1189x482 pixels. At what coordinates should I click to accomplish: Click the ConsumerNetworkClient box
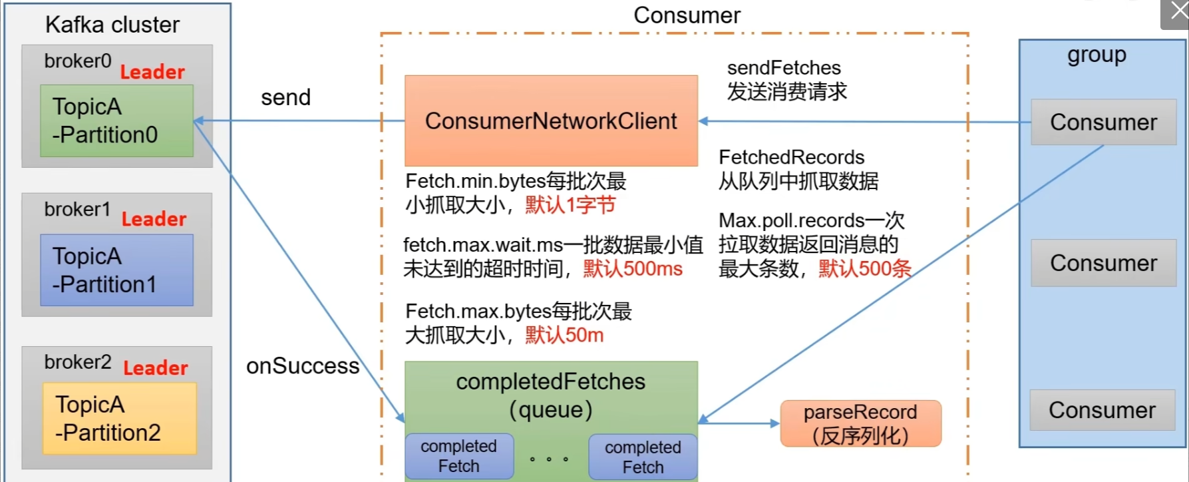click(x=551, y=120)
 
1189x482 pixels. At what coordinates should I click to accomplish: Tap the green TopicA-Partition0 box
click(x=116, y=120)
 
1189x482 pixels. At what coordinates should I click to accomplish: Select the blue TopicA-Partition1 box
click(x=116, y=270)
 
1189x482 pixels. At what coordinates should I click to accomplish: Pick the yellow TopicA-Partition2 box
click(x=119, y=418)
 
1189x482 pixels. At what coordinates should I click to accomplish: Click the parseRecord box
click(x=860, y=423)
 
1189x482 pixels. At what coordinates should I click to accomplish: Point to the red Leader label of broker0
click(x=152, y=72)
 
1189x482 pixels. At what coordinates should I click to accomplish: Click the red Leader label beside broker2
click(x=156, y=367)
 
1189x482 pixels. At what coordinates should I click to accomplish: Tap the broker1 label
click(x=77, y=209)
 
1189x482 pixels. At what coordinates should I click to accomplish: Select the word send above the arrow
click(x=285, y=97)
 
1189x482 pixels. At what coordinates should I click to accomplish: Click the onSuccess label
click(x=303, y=365)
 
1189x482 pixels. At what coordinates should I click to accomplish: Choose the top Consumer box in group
click(x=1103, y=122)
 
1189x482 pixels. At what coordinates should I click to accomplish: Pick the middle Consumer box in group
click(x=1103, y=263)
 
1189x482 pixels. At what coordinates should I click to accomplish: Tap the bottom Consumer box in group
click(x=1102, y=410)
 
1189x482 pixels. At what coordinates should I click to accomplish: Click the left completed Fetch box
click(x=458, y=456)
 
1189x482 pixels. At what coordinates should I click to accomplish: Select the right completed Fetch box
click(x=643, y=457)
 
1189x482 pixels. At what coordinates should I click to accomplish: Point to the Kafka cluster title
click(x=112, y=25)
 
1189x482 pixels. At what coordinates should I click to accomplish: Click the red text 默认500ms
click(x=633, y=269)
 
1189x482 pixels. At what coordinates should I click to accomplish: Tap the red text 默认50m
click(x=564, y=335)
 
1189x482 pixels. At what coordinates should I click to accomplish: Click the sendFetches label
click(x=784, y=68)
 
